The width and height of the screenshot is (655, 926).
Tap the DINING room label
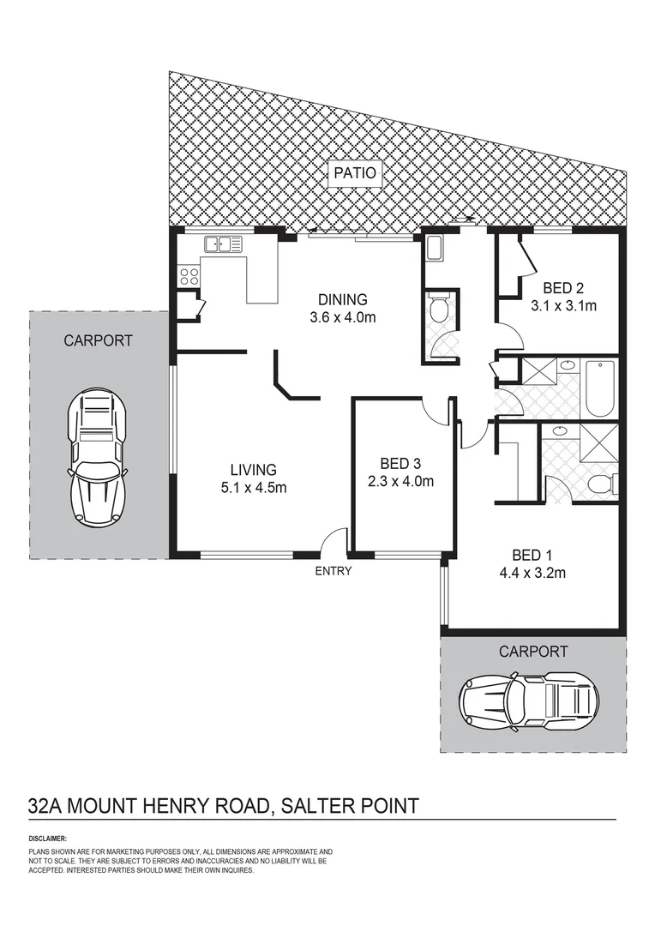coord(342,300)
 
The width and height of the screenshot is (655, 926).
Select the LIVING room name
coord(253,470)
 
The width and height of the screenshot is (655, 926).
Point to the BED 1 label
coord(527,555)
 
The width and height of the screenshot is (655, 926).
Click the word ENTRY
coord(334,571)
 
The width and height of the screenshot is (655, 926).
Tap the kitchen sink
coord(221,244)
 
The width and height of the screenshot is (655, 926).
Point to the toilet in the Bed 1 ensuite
coord(601,484)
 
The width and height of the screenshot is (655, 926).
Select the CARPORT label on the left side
coord(99,340)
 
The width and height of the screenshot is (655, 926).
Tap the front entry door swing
coord(334,541)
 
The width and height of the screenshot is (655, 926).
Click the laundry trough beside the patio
coord(432,249)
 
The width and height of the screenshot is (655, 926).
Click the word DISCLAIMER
coord(47,838)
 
